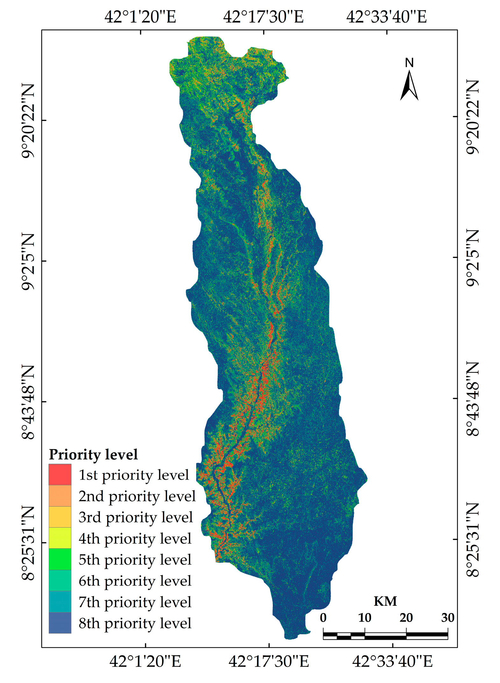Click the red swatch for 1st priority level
[x=60, y=474]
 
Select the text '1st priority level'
[x=134, y=475]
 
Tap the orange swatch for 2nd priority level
[x=60, y=496]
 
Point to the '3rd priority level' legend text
[x=136, y=517]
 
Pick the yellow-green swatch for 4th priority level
[x=60, y=538]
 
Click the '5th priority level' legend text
[x=135, y=560]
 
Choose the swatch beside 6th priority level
[x=60, y=581]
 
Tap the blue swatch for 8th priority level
[x=60, y=623]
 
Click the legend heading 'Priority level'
[x=93, y=455]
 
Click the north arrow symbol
[x=409, y=86]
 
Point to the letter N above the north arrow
[x=409, y=63]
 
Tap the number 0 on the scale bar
[x=323, y=618]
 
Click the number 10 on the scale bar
[x=364, y=618]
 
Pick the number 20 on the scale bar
[x=406, y=618]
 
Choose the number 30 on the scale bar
[x=447, y=618]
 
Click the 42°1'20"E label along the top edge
[x=140, y=17]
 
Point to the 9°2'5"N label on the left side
[x=28, y=261]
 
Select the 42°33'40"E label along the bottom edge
[x=392, y=662]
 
